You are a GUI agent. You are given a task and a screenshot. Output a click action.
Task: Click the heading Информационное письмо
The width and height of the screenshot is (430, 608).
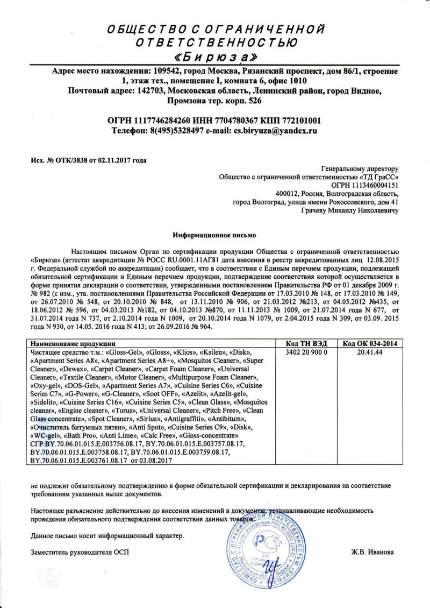pos(214,235)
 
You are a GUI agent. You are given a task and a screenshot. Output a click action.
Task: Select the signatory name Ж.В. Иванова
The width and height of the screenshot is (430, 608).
pos(372,553)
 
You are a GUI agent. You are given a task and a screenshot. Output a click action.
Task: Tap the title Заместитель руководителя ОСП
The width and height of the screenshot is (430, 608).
pos(80,553)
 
